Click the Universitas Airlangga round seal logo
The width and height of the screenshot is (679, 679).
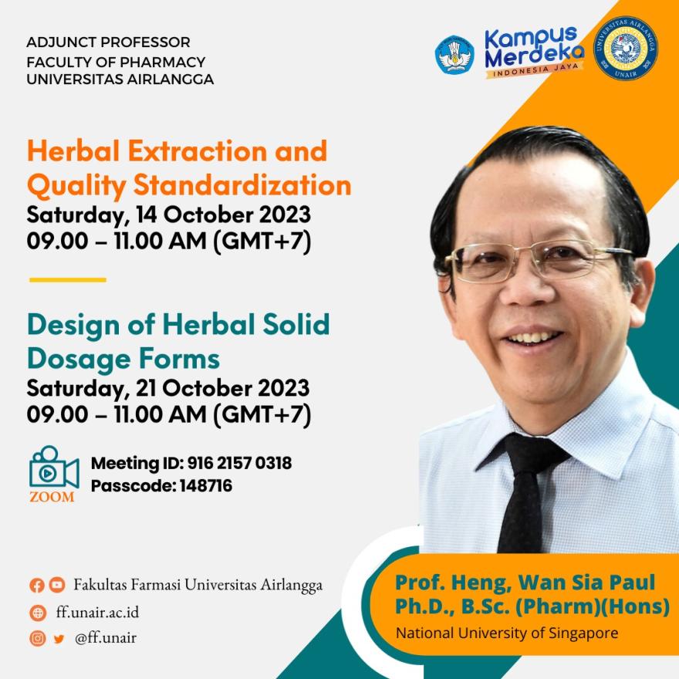625,49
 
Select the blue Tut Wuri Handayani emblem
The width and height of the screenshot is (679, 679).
454,55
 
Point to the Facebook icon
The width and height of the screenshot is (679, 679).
37,585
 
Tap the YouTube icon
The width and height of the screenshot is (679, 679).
57,585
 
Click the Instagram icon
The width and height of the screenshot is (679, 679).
38,638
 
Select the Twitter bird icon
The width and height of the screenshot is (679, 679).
59,639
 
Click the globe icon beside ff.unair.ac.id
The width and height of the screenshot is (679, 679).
38,613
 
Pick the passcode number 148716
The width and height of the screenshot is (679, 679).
206,485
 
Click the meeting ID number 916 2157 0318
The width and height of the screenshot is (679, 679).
239,463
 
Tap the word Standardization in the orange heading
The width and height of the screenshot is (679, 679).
242,185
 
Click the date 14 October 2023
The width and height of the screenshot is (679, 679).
224,215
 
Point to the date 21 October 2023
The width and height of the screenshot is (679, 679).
222,387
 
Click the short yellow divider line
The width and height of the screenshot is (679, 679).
68,280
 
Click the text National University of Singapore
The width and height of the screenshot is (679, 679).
507,633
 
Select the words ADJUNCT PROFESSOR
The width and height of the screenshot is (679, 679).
108,42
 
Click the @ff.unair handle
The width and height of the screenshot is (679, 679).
106,638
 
